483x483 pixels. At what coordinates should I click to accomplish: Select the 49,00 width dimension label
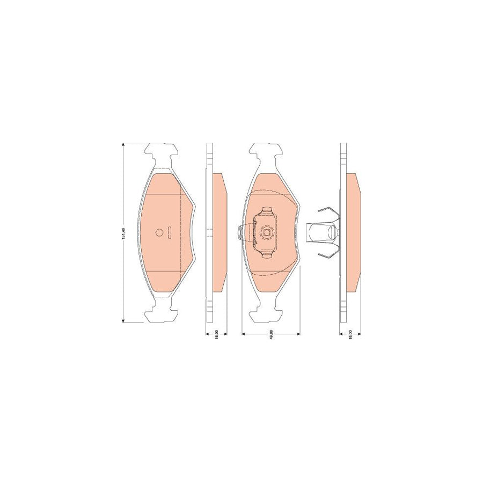(272, 334)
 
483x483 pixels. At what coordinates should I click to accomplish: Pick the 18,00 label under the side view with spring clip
(350, 334)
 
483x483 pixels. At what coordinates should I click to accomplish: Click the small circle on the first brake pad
(159, 232)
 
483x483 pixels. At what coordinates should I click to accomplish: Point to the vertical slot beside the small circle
(169, 232)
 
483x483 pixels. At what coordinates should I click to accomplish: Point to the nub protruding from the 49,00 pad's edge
(239, 232)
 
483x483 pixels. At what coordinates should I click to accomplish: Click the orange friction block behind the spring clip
(353, 232)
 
